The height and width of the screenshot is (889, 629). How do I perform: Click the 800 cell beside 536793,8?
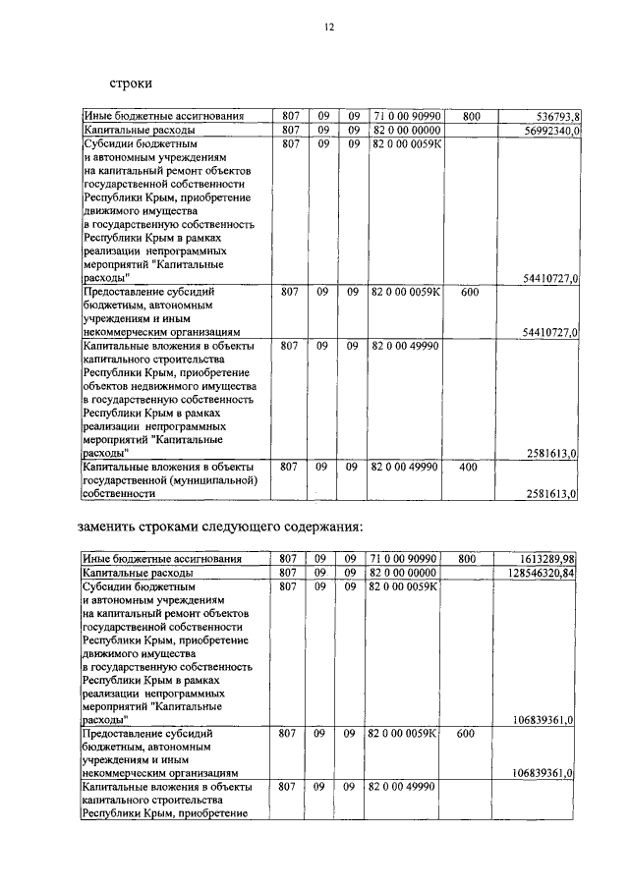click(x=471, y=116)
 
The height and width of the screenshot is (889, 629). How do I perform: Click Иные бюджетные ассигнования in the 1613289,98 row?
click(x=162, y=558)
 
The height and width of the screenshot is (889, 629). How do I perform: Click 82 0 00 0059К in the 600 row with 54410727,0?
click(x=407, y=292)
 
